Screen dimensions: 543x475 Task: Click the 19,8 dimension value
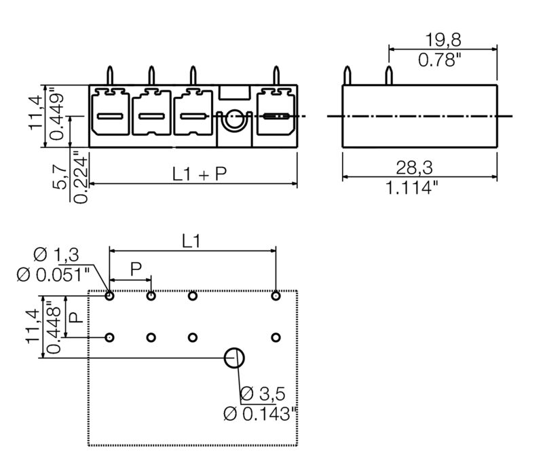coord(443,40)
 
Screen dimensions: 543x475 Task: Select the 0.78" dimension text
coord(440,60)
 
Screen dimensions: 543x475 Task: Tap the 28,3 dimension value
coord(414,168)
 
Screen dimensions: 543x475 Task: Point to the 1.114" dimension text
coord(412,188)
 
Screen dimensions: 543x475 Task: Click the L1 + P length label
coord(200,174)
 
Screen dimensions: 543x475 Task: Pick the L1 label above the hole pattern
coord(191,241)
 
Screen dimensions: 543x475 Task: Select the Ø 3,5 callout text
coord(263,394)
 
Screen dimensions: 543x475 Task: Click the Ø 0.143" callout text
coord(261,414)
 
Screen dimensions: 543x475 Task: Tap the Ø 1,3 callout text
coord(56,255)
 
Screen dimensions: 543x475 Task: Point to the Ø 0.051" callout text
coord(53,275)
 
